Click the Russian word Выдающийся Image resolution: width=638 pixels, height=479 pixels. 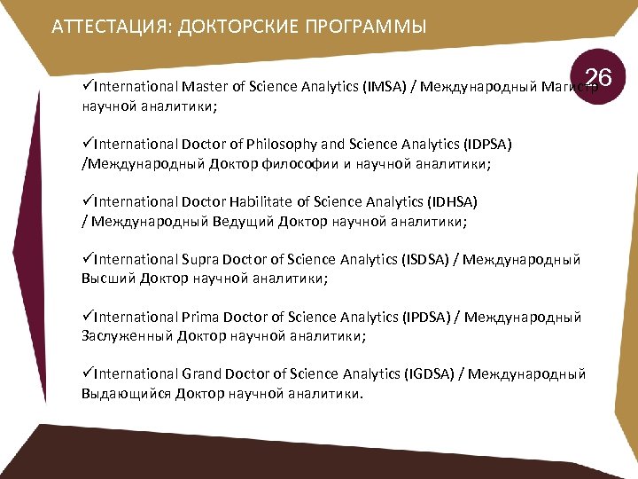pos(125,394)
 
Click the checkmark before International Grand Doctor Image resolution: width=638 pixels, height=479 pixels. pos(87,374)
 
